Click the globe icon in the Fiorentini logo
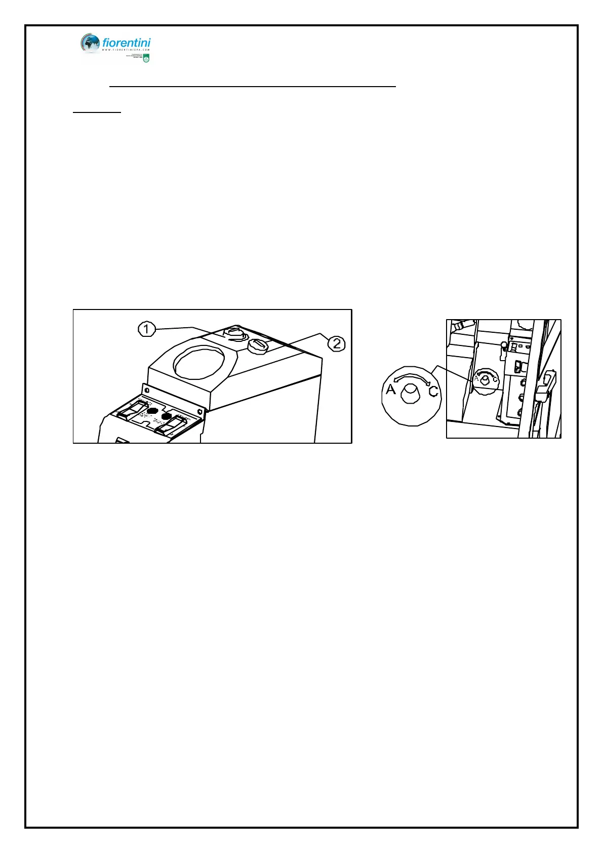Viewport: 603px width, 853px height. point(90,43)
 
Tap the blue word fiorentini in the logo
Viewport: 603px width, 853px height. point(126,43)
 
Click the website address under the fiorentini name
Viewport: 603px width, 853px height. point(126,50)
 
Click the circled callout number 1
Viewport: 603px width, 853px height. point(146,329)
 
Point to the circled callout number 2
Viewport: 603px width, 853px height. point(336,344)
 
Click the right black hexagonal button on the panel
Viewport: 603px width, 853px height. point(166,416)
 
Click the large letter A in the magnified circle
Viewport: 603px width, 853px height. point(390,389)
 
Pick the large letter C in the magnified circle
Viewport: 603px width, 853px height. point(433,391)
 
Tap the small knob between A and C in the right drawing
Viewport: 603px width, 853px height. point(485,380)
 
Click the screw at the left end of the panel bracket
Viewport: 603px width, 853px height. point(147,391)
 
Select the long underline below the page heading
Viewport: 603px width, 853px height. point(252,87)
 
